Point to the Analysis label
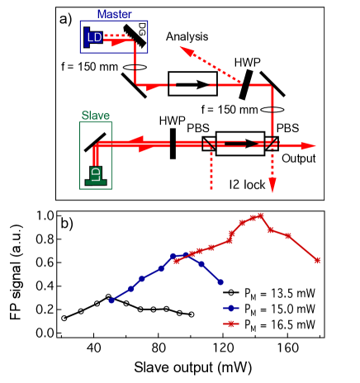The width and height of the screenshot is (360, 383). point(187,38)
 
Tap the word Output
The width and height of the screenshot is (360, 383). point(299,158)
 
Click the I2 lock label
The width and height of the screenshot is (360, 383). point(248,185)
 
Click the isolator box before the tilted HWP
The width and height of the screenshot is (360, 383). point(192,83)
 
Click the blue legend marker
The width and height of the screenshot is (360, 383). point(233,309)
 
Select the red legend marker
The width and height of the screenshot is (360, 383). point(233,324)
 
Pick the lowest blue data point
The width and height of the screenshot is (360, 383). point(111,300)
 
